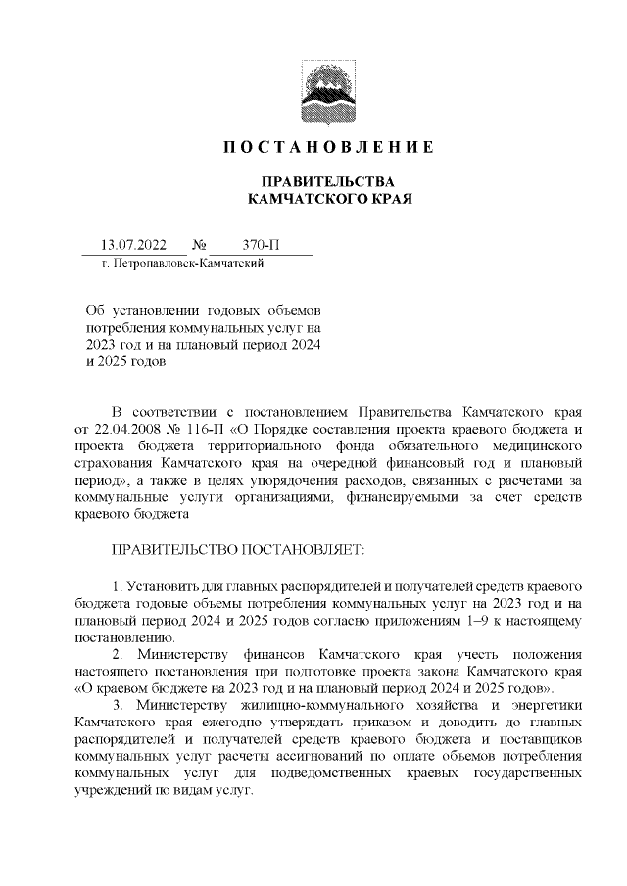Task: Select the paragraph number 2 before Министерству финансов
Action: point(116,652)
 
